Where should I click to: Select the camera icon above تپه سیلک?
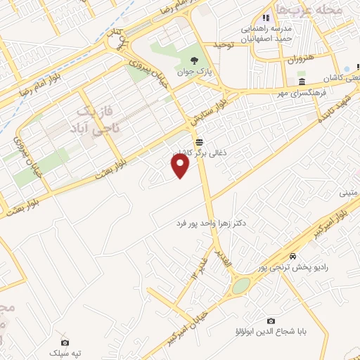(54, 340)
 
